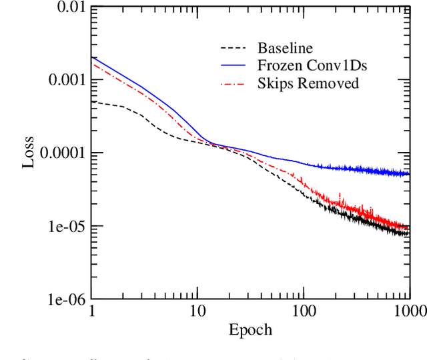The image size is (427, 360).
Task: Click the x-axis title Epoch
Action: (250, 330)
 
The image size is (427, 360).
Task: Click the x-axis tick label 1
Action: (91, 311)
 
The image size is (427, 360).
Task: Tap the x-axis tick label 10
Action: (197, 311)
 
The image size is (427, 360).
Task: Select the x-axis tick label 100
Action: (304, 311)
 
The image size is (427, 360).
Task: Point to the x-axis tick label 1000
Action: (408, 311)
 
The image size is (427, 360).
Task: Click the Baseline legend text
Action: (285, 48)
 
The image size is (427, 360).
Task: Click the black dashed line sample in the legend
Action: (234, 48)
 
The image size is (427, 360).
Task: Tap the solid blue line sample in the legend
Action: (234, 65)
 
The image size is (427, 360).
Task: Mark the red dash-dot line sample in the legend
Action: (234, 83)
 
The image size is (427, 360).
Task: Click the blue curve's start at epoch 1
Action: (91, 58)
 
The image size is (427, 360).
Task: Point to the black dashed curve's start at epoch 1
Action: (91, 102)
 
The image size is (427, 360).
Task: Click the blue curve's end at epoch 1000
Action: (409, 174)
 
